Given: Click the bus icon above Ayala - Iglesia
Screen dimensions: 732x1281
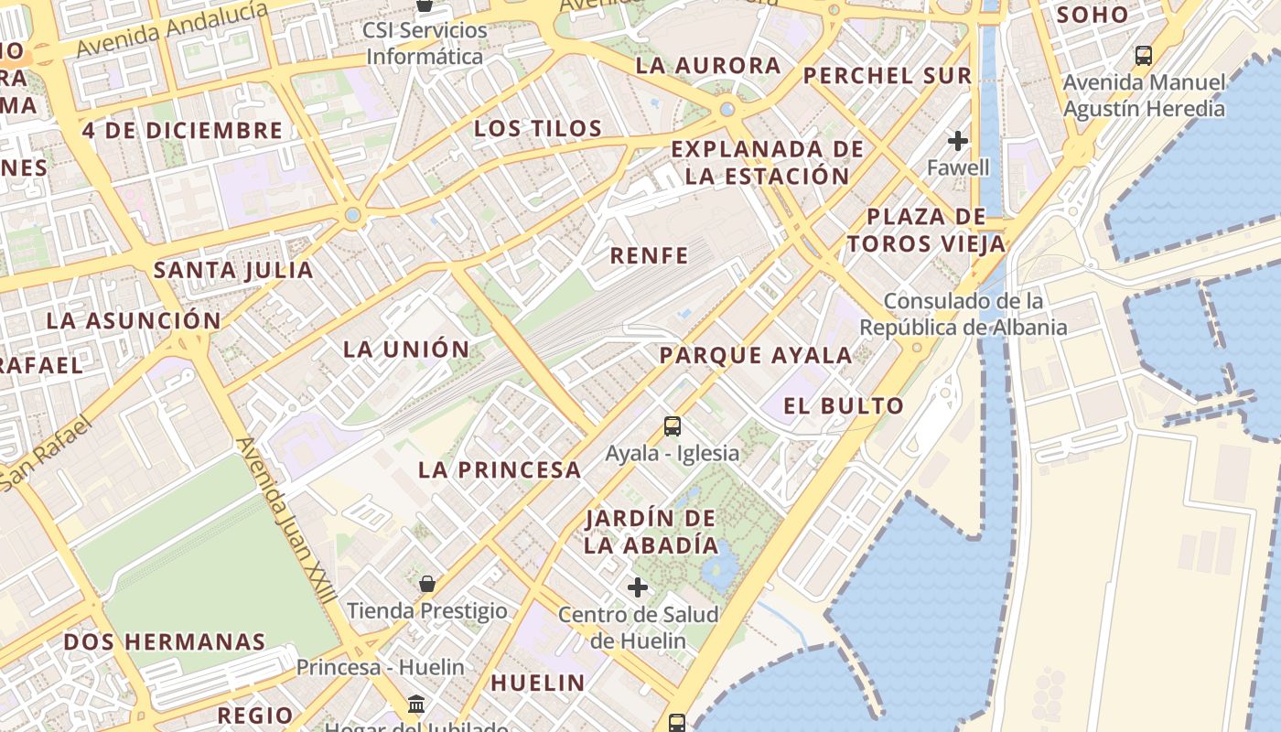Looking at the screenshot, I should tap(673, 425).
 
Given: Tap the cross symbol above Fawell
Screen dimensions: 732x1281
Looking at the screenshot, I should tap(958, 141).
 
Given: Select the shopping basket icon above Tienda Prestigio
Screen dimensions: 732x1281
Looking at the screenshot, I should tap(427, 583).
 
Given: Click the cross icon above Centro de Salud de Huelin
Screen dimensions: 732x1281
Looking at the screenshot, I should tap(638, 587).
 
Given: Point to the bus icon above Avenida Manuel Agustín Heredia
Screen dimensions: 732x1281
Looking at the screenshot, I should tap(1144, 55).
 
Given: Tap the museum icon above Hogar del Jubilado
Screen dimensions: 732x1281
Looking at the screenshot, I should tap(416, 705).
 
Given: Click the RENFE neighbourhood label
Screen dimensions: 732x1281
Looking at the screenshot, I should tap(649, 255).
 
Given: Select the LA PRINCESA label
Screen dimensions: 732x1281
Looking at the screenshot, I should tap(500, 470).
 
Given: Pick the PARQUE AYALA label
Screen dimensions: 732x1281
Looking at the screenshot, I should tap(756, 355).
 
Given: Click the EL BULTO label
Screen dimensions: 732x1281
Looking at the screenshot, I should tap(844, 405).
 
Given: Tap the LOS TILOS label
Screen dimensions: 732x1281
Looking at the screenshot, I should tap(538, 128).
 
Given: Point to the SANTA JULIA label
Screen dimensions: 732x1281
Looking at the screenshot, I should tap(233, 270).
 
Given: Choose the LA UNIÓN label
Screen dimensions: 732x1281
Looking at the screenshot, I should tap(406, 349).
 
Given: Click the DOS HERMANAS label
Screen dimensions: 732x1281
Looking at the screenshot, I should tap(165, 641).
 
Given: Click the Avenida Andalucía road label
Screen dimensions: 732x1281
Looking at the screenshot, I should tap(173, 29).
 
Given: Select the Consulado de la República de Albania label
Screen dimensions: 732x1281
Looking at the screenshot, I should tap(963, 314).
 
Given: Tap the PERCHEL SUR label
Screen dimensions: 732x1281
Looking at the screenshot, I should tap(888, 76).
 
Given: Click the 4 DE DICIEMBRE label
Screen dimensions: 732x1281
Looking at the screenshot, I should tap(183, 130).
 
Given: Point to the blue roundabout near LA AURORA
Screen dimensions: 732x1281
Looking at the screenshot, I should tap(727, 110).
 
